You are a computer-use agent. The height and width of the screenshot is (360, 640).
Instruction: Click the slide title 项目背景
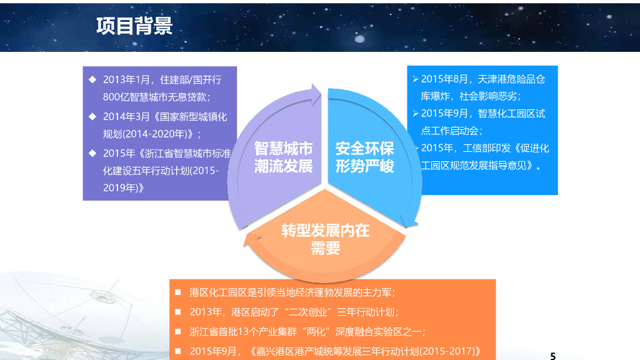134,26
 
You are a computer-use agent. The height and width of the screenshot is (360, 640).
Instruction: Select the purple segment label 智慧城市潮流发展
283,157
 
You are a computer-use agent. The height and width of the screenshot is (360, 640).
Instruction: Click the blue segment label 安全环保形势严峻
365,157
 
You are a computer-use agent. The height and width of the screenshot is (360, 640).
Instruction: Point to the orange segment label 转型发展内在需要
325,239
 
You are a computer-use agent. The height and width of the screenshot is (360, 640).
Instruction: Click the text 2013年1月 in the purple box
127,80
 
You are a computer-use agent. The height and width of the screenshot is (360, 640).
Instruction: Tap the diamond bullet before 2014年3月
92,116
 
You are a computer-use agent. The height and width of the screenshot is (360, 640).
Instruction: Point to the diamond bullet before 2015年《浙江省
92,152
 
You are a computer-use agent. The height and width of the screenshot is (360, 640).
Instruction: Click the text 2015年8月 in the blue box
444,79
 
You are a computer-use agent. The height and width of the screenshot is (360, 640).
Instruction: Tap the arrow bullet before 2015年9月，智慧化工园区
416,114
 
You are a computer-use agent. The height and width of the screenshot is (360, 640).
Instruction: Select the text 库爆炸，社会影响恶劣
471,96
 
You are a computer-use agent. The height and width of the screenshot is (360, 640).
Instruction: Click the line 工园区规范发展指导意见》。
482,166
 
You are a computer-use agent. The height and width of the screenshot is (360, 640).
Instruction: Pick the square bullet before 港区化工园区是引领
177,292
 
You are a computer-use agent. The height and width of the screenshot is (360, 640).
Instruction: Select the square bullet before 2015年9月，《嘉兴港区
177,351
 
